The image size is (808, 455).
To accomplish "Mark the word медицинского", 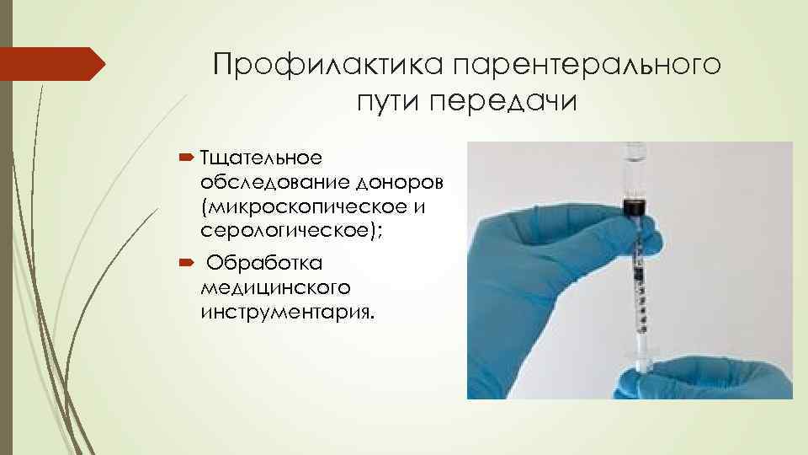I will [x=276, y=288].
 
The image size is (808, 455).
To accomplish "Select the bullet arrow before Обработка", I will [x=188, y=264].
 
